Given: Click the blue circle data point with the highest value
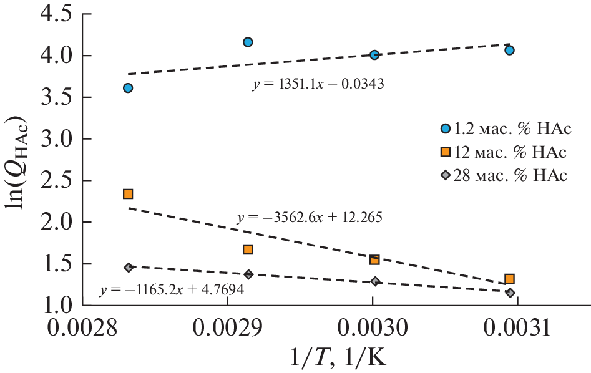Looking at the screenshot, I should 248,42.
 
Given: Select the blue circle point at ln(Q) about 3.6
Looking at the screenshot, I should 128,88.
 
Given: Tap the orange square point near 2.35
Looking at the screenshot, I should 128,194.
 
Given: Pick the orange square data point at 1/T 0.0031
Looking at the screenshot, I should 510,279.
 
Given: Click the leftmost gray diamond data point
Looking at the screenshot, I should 129,268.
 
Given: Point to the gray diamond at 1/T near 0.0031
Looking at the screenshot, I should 510,293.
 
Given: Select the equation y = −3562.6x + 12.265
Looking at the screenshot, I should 310,218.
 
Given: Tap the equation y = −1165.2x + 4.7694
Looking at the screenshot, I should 170,290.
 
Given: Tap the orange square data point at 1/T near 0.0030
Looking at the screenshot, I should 374,259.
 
